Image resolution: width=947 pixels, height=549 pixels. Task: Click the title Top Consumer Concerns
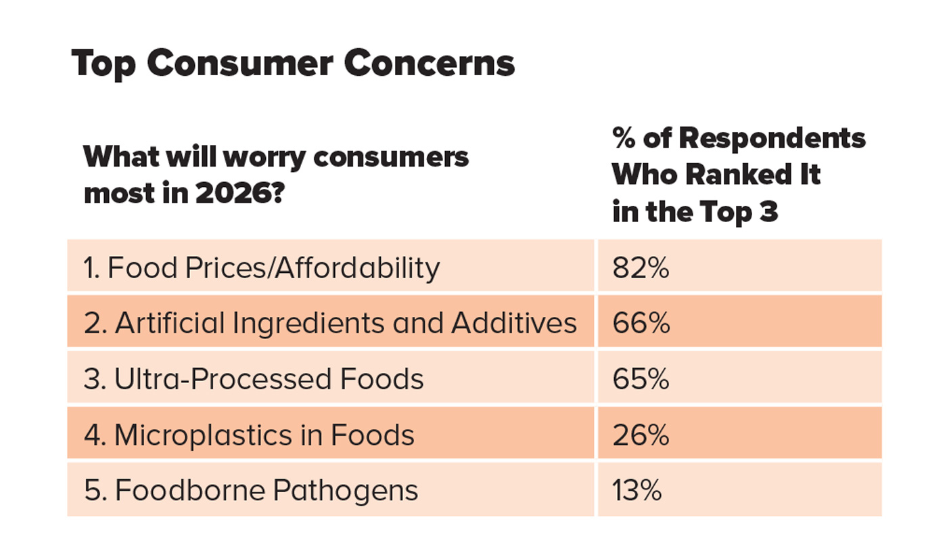coord(293,64)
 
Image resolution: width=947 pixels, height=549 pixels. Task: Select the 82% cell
coord(641,268)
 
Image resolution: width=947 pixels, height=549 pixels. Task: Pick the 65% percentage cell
coord(641,379)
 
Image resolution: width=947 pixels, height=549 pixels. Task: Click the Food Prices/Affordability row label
coord(262,268)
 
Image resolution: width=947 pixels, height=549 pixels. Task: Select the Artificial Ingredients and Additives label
coord(330,324)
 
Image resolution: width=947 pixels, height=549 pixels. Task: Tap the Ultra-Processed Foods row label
coord(254,379)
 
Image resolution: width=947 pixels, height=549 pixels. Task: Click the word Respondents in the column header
coord(772,138)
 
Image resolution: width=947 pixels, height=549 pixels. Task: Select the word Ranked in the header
coord(733,175)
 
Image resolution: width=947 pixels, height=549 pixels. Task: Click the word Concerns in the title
coord(429,64)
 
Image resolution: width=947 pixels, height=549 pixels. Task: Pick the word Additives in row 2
coord(514,324)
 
